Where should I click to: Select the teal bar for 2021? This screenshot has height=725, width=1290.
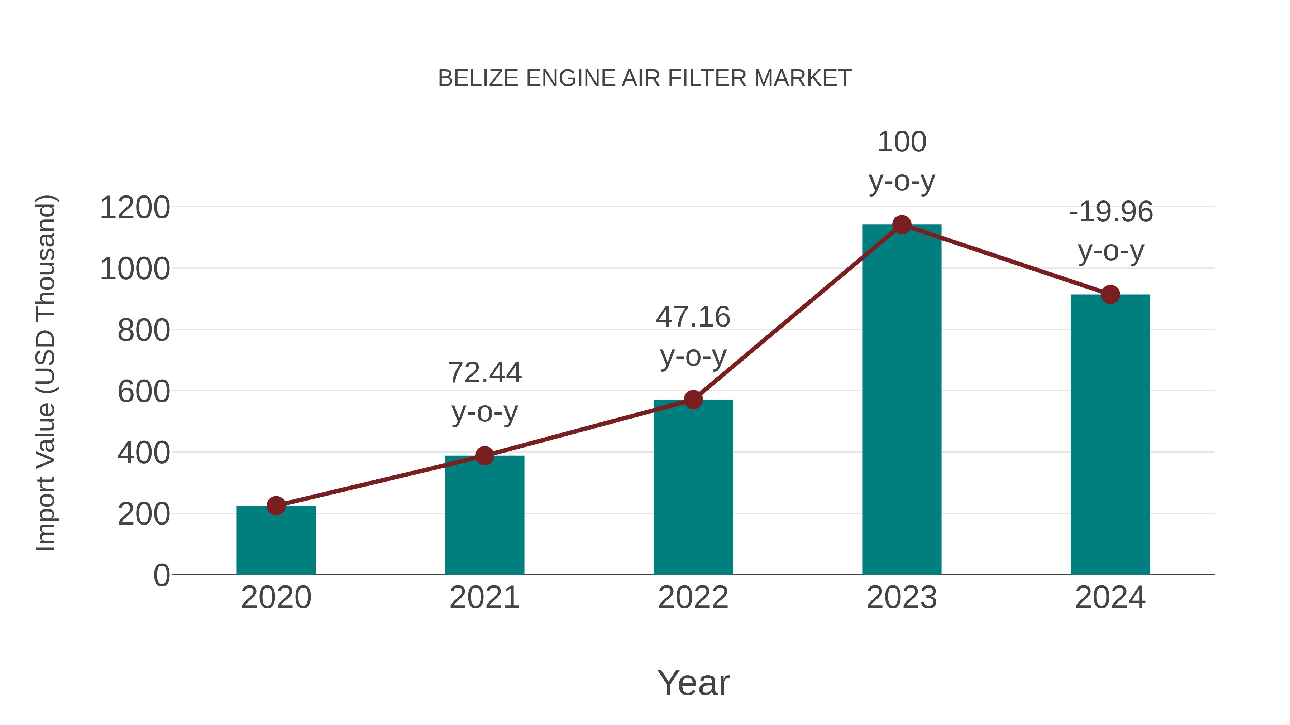[484, 515]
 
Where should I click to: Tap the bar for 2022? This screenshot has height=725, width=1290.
[693, 488]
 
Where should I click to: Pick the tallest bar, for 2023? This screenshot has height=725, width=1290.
[902, 400]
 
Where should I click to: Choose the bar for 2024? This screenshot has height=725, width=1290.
[1110, 435]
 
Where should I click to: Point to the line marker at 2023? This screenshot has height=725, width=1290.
[902, 224]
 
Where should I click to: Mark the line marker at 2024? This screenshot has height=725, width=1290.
[1110, 294]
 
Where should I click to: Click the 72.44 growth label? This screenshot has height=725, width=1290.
[484, 373]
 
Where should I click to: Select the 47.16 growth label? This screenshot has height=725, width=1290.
[693, 317]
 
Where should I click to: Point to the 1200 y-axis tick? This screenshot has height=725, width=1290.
[135, 208]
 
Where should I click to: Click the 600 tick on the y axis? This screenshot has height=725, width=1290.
[144, 391]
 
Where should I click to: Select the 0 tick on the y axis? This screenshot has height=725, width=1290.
[161, 575]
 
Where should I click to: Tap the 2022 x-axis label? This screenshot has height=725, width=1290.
[693, 598]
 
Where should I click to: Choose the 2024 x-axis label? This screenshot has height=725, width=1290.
[1110, 598]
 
